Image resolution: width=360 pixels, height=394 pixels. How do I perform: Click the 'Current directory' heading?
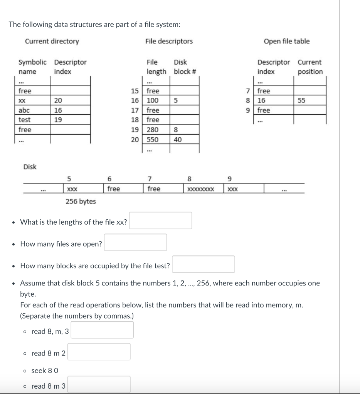tap(52, 41)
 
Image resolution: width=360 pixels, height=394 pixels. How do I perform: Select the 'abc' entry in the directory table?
tap(24, 110)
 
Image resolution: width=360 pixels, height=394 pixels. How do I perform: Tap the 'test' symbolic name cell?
tap(25, 120)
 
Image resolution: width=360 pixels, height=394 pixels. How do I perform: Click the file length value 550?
tap(153, 140)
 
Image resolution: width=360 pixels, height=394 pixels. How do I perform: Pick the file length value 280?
tap(153, 130)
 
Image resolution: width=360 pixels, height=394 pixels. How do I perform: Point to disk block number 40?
tap(178, 140)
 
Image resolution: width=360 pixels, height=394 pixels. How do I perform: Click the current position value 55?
tap(301, 100)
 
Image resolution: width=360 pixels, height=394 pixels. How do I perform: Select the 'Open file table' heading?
tap(286, 41)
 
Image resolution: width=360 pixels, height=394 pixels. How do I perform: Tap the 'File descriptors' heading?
tap(169, 41)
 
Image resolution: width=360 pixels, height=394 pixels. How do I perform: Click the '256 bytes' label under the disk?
tap(81, 201)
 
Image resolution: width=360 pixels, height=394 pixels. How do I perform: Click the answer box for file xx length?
tap(160, 220)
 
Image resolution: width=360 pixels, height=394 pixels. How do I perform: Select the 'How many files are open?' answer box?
tap(135, 242)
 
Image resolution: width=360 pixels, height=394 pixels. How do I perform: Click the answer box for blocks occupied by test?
tap(204, 264)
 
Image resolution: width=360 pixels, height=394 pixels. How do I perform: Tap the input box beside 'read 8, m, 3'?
tap(102, 330)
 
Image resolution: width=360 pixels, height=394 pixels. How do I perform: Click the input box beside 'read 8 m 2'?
tap(99, 352)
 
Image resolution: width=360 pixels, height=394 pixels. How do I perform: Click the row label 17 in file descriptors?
tap(135, 110)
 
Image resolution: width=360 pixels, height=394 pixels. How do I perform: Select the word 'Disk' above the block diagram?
tap(30, 167)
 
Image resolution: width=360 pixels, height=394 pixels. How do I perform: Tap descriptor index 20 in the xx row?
tap(58, 100)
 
